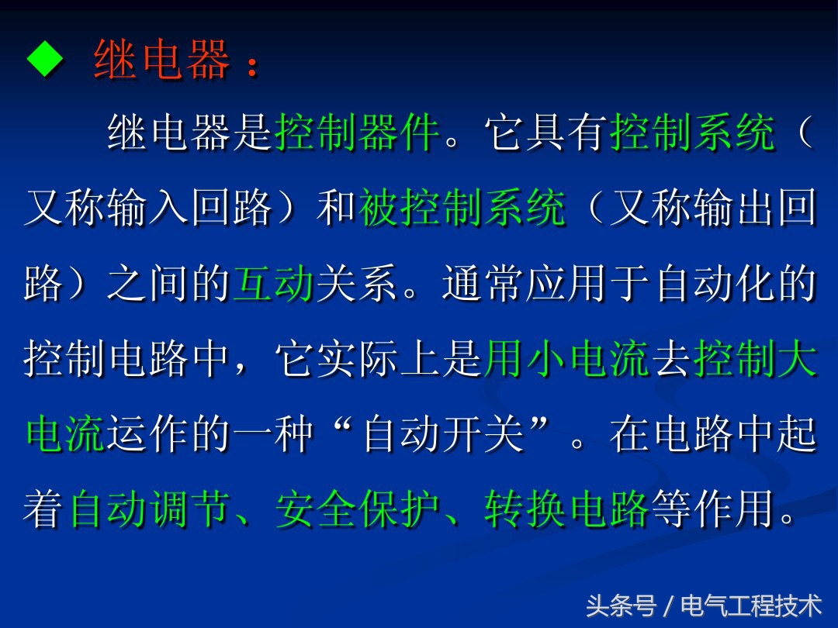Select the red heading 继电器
[x=161, y=60]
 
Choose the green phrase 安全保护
[x=358, y=511]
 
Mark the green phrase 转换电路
[x=566, y=511]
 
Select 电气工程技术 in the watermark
[x=751, y=605]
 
